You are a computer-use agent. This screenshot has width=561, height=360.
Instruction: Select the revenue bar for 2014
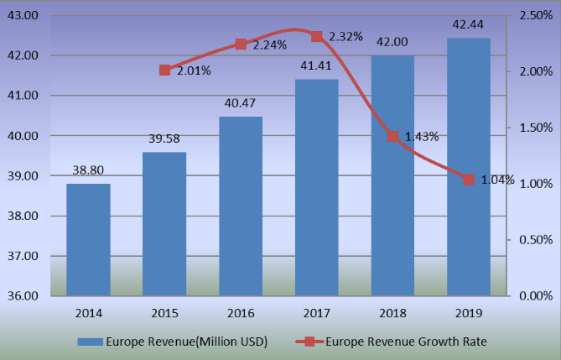coord(88,240)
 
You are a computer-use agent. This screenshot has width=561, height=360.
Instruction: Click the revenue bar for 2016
coord(241,206)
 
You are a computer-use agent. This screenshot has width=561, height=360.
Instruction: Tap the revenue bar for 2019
coord(469,167)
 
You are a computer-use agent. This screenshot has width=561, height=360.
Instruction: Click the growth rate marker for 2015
coord(164,70)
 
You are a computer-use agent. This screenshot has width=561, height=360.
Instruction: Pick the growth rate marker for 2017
coord(316,36)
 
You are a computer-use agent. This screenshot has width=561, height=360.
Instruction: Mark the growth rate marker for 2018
coord(392,136)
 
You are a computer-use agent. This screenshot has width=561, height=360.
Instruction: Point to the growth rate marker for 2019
coord(469,180)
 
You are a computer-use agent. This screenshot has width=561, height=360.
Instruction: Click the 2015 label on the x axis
coord(164,312)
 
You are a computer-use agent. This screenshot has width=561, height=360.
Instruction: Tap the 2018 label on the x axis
coord(392,312)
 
